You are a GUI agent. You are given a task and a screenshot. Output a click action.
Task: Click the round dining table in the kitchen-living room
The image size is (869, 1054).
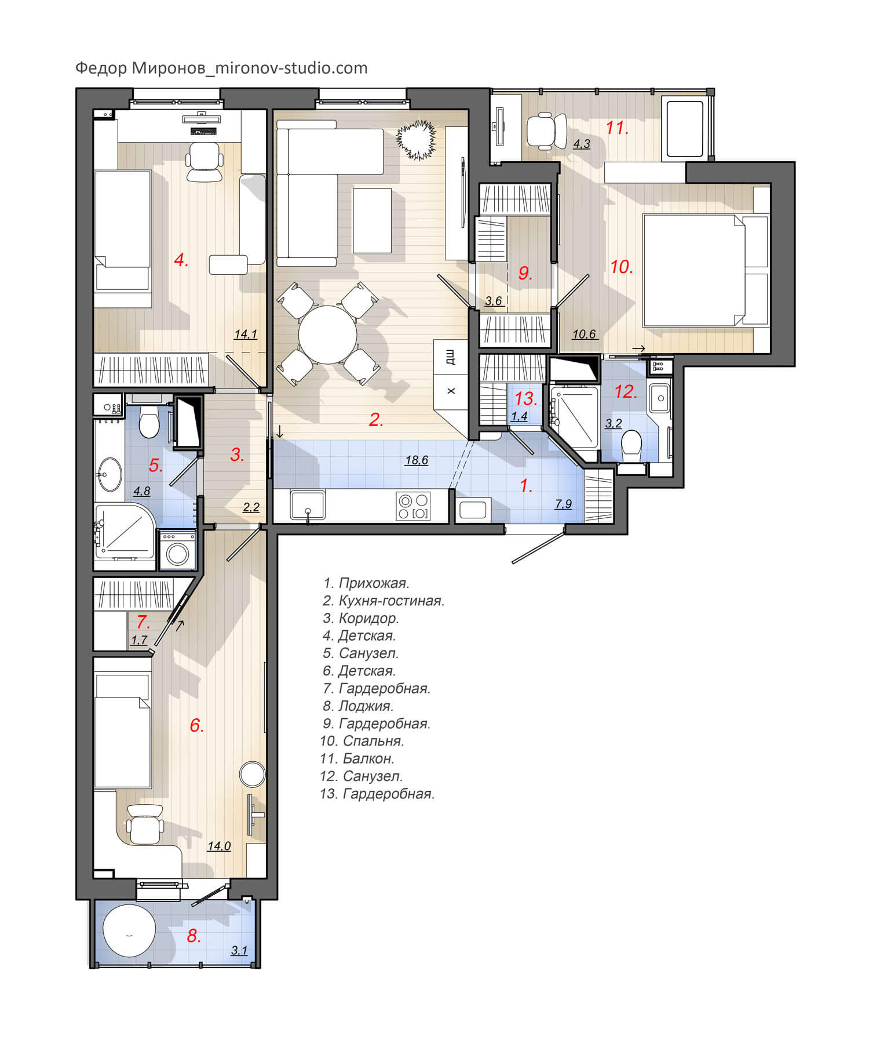pyautogui.click(x=328, y=335)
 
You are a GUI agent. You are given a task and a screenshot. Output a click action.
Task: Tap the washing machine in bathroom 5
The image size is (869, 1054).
pyautogui.click(x=177, y=549)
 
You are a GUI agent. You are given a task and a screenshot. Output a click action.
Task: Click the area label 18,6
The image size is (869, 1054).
pyautogui.click(x=417, y=460)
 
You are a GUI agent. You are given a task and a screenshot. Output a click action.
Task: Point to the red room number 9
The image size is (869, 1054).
pyautogui.click(x=525, y=273)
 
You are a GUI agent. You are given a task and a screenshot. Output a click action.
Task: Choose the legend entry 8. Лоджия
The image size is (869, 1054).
pyautogui.click(x=358, y=706)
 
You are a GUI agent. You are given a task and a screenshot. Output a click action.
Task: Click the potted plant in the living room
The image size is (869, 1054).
pyautogui.click(x=415, y=139)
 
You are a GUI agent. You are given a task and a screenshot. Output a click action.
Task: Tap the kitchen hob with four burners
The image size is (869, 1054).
pyautogui.click(x=414, y=506)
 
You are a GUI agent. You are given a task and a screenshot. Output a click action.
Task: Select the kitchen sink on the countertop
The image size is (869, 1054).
pyautogui.click(x=308, y=506)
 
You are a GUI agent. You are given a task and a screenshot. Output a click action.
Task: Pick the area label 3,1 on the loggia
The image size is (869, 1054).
pyautogui.click(x=239, y=950)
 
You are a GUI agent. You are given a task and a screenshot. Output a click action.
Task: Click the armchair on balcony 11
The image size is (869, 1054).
pyautogui.click(x=546, y=130)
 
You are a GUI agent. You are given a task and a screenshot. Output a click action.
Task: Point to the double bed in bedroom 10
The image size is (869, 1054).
pyautogui.click(x=706, y=270)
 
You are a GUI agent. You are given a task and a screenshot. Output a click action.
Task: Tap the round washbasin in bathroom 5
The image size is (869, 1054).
pyautogui.click(x=108, y=474)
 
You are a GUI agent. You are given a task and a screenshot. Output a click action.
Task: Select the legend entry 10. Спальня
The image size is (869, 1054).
pyautogui.click(x=362, y=741)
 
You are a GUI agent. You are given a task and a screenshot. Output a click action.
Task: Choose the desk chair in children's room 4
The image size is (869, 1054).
pyautogui.click(x=205, y=162)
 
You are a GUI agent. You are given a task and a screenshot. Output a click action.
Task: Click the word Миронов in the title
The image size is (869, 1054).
pyautogui.click(x=169, y=68)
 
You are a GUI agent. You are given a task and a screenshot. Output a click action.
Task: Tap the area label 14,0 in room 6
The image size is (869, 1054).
pyautogui.click(x=219, y=846)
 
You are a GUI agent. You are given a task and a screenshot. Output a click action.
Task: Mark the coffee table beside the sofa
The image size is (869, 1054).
pyautogui.click(x=372, y=220)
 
